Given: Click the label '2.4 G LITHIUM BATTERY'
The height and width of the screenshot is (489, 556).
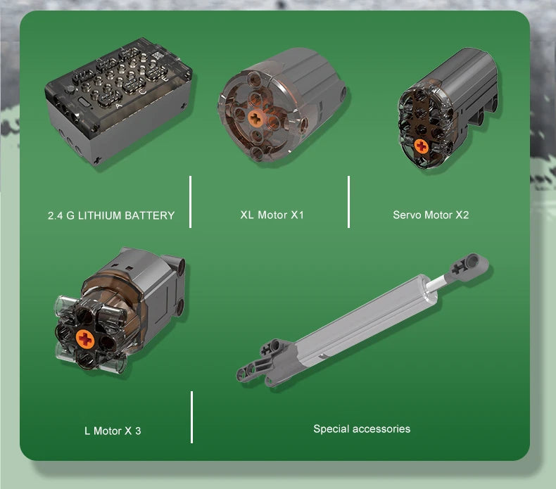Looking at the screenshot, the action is click(x=111, y=215).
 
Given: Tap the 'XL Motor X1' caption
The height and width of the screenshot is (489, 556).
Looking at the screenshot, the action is click(x=272, y=215).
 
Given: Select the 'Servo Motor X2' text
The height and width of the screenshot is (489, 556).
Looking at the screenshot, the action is click(x=431, y=215).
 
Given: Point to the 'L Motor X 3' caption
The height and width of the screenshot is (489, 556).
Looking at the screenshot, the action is click(x=113, y=431).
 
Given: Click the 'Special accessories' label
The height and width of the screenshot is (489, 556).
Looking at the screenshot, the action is click(x=362, y=429).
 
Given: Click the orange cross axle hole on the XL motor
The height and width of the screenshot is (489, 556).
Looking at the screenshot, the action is click(x=255, y=118).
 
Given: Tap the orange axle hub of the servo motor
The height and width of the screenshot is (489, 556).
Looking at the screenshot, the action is click(x=422, y=146).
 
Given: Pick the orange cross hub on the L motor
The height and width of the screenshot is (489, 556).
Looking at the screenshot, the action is click(x=85, y=339).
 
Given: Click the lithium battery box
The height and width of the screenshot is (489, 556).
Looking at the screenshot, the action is click(x=118, y=101).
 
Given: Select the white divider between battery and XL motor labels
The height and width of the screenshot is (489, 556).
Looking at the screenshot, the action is click(x=191, y=202).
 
